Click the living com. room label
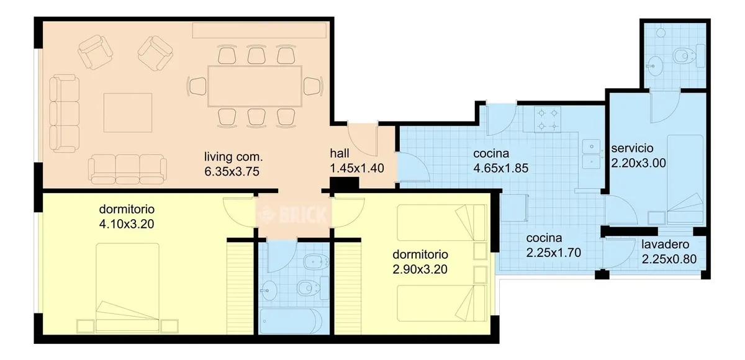233,156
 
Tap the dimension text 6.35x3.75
232,171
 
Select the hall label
340,153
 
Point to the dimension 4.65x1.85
500,168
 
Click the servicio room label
632,148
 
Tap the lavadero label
665,245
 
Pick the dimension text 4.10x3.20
127,224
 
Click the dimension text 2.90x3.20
420,269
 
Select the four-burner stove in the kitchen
548,120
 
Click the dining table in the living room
255,86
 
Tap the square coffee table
128,113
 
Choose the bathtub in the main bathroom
291,321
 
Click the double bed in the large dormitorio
127,288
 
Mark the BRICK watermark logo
292,215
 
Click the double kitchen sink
591,154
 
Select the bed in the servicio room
685,179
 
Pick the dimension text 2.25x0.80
669,259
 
